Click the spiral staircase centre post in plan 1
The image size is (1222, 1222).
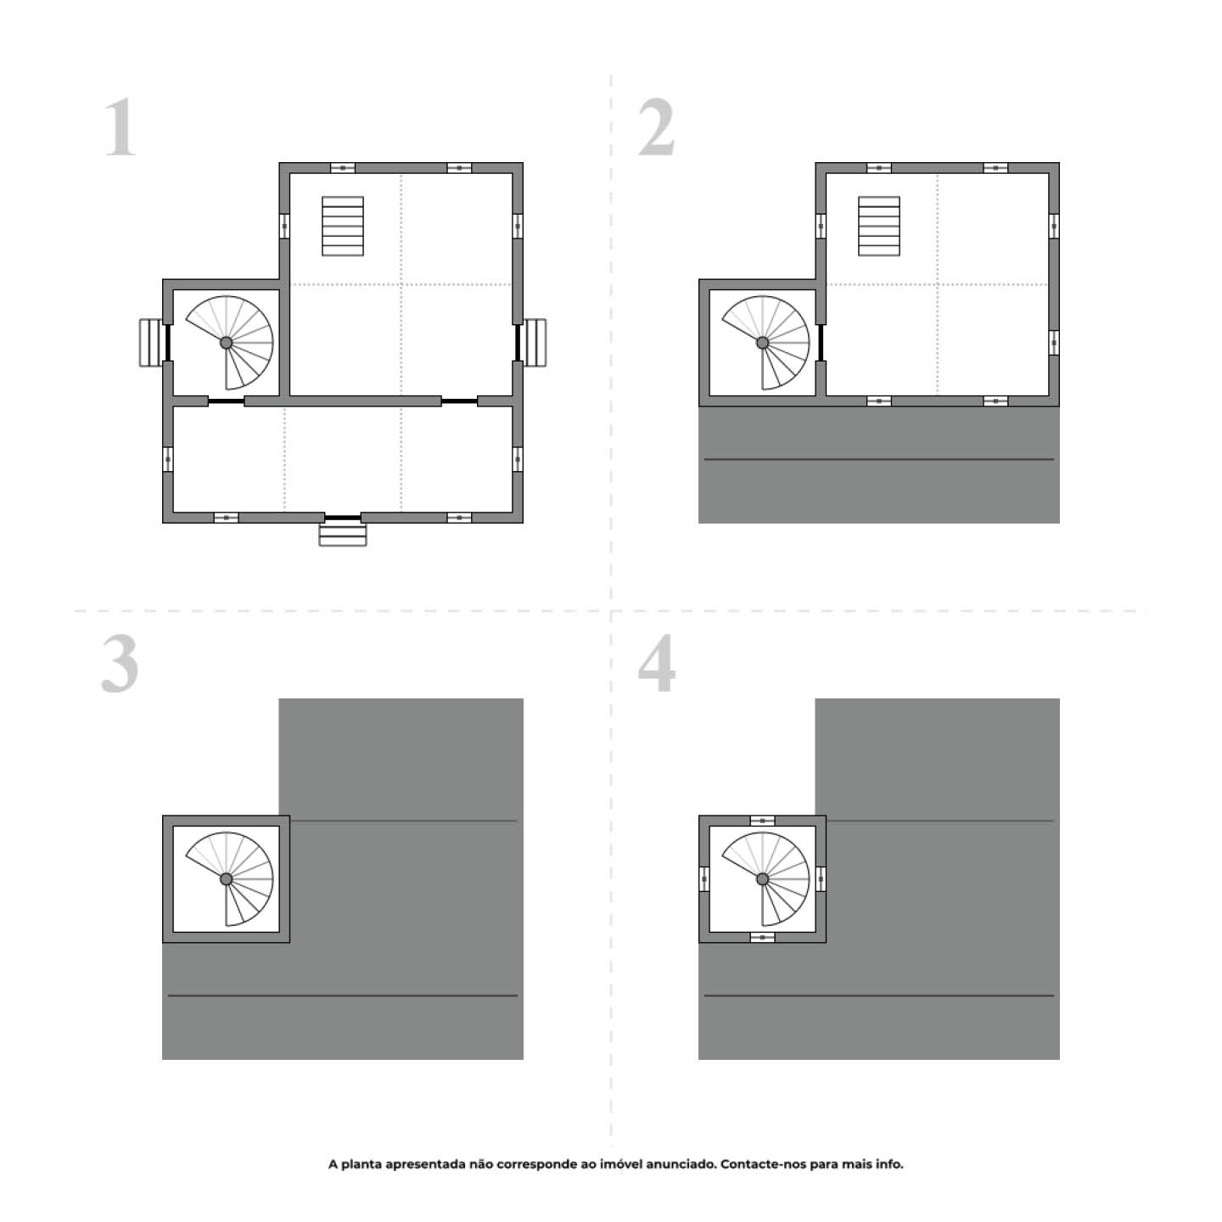pos(227,342)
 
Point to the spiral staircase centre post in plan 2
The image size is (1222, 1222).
pos(762,342)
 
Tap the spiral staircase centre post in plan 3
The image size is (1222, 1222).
pos(227,878)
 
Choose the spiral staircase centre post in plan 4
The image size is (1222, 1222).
pos(762,878)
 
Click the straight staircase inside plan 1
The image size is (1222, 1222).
pos(343,226)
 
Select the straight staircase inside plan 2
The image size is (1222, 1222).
pos(879,226)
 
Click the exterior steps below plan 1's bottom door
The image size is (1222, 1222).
pos(343,535)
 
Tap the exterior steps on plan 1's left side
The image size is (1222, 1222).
pos(150,343)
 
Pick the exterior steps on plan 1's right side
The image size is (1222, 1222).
pos(535,343)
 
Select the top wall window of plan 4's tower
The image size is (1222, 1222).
pos(762,821)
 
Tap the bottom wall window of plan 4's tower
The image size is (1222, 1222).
pos(762,937)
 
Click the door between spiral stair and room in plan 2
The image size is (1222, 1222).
pos(821,343)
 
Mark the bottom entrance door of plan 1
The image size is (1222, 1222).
pos(343,517)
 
